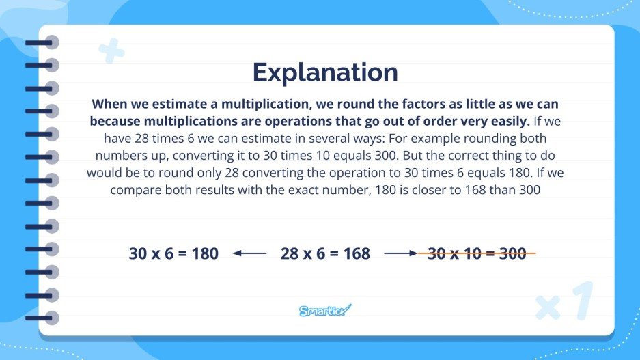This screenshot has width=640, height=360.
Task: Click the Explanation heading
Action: click(x=324, y=72)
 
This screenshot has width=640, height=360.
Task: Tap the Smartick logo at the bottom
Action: click(x=325, y=311)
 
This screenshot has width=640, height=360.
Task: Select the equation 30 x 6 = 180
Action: click(x=173, y=254)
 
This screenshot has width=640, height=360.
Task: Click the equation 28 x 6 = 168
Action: click(x=325, y=254)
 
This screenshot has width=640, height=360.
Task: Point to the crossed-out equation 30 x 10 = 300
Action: click(x=477, y=254)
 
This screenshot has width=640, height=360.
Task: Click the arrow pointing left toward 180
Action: click(x=249, y=254)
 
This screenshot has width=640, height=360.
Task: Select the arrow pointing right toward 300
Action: click(x=400, y=254)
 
